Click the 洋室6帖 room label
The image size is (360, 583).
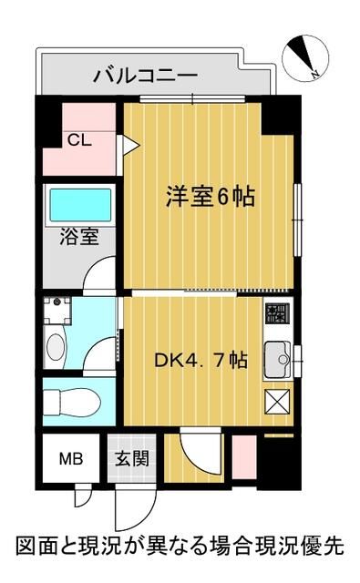pos(209,196)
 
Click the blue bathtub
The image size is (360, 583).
pos(80,205)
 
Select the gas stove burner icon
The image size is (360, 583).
pos(274,316)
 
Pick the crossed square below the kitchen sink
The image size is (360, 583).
pos(276,402)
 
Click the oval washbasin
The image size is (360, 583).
pos(56,348)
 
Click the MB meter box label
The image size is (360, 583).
pos(71,458)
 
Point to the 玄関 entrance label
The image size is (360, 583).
pos(127,458)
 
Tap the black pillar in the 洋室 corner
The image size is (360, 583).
pos(279,115)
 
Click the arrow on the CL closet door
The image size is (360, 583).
pos(130,143)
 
